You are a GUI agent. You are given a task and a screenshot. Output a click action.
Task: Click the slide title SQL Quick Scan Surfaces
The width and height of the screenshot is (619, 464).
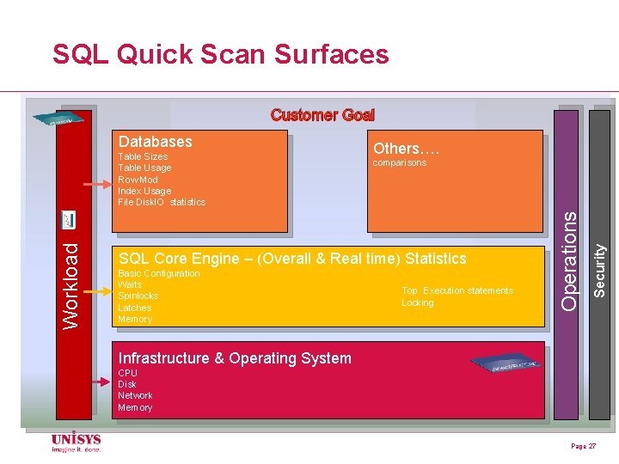click(x=221, y=55)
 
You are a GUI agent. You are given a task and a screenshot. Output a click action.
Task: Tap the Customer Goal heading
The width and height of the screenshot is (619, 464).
click(x=322, y=115)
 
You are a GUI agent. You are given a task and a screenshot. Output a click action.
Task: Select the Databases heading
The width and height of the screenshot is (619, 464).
click(x=155, y=141)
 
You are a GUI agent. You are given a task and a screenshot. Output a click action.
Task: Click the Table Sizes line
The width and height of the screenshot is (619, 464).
click(x=143, y=156)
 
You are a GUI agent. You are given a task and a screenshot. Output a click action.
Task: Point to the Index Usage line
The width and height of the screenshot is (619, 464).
click(x=144, y=191)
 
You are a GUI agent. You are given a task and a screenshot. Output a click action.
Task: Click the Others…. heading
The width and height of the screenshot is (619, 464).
click(x=406, y=148)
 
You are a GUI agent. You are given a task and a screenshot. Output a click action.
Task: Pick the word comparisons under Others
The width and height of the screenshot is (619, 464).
click(x=399, y=162)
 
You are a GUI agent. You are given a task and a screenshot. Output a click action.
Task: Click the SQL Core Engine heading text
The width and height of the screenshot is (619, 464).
click(x=292, y=259)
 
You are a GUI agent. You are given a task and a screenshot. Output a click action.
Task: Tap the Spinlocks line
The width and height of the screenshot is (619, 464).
click(x=138, y=296)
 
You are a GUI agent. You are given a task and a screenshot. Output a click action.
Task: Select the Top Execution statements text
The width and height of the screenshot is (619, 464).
click(x=457, y=290)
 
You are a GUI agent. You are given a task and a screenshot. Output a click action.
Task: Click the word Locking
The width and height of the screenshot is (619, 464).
click(x=418, y=302)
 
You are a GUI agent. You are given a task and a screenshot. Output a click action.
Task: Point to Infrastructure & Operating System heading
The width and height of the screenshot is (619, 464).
click(x=235, y=358)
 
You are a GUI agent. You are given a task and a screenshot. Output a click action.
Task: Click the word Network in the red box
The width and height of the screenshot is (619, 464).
click(x=135, y=395)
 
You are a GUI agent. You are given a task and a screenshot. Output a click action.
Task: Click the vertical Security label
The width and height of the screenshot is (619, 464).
click(x=601, y=271)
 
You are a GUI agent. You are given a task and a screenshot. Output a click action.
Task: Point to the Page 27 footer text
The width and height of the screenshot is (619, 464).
click(x=583, y=447)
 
